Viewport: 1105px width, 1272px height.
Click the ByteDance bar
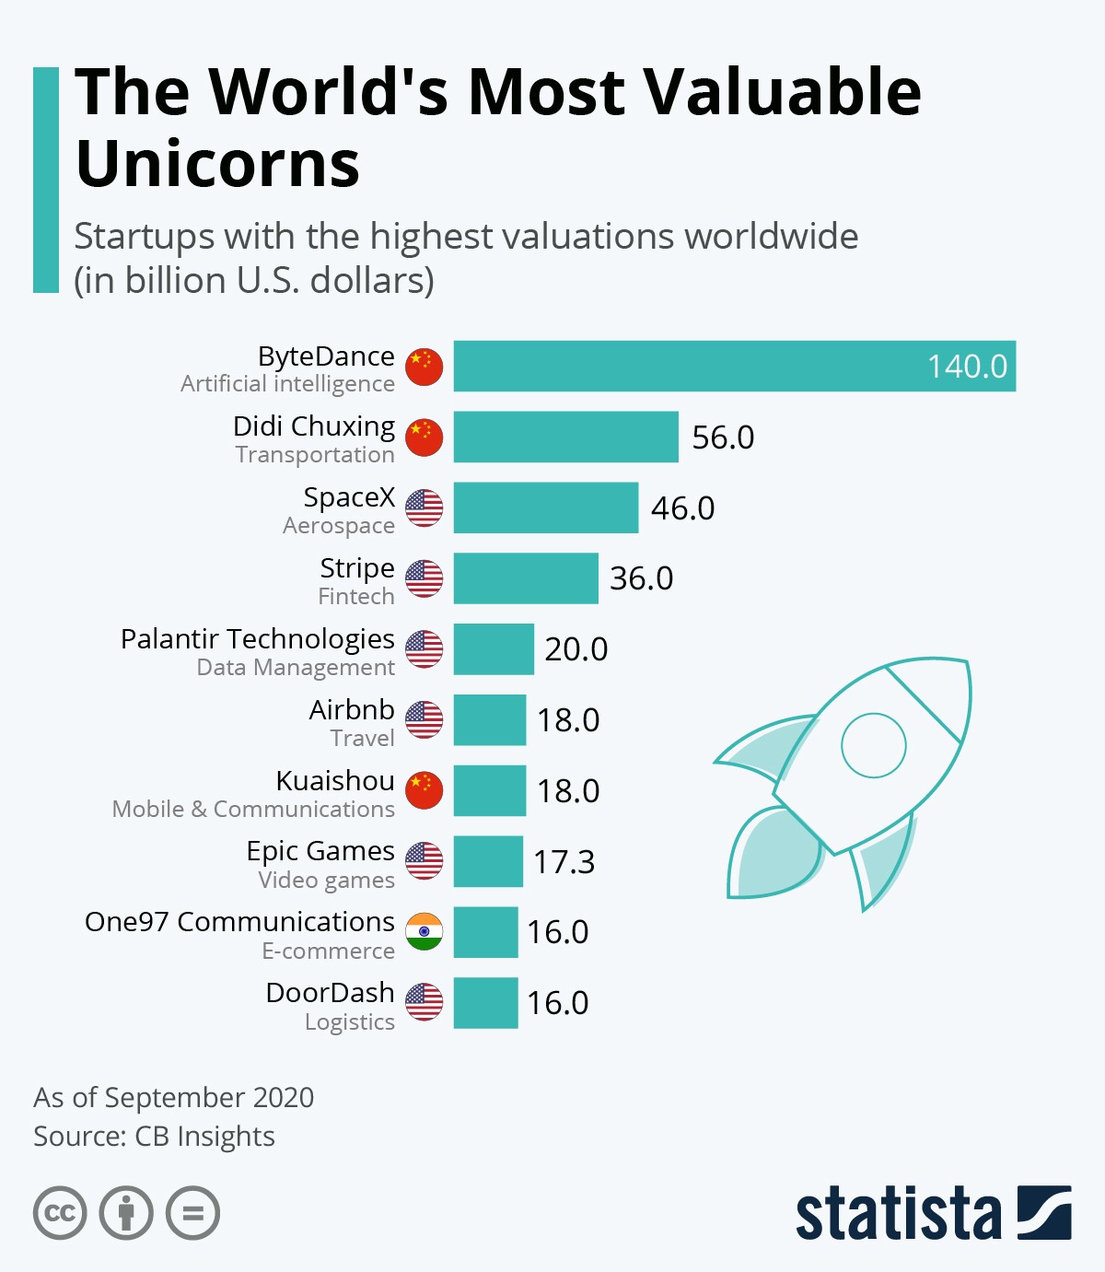pos(734,367)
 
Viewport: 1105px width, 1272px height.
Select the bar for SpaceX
pos(545,508)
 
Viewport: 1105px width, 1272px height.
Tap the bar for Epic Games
pos(488,861)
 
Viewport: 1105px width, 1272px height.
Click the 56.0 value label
pos(723,438)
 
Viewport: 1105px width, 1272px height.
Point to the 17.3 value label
pos(564,862)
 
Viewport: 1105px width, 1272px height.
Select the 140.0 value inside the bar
pos(967,367)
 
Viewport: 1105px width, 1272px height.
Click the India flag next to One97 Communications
pos(425,931)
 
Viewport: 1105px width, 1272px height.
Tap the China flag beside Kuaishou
pos(425,790)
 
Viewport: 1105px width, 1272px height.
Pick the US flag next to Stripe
pos(425,578)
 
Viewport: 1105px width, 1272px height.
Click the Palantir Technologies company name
pos(258,638)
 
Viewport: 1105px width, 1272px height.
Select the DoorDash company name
pos(330,992)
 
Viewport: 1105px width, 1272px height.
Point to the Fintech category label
pos(356,597)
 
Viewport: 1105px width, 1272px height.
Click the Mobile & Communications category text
pos(253,809)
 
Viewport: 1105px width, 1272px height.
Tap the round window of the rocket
pos(873,745)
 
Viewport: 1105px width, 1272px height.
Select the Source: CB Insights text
pos(154,1137)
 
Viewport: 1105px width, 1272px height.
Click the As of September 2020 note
pos(173,1097)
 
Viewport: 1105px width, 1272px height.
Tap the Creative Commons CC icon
pos(60,1213)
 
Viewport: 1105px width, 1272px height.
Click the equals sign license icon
pos(192,1213)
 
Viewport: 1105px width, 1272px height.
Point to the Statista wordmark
pos(898,1214)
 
